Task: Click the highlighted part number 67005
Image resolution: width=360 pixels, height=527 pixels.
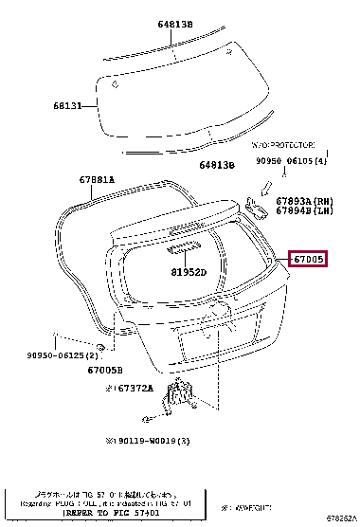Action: pos(309,259)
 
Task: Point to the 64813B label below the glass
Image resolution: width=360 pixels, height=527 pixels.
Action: pos(216,165)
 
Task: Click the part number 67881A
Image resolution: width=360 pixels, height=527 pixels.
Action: pos(98,179)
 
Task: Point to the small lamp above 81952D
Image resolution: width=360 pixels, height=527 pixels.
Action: pos(181,250)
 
